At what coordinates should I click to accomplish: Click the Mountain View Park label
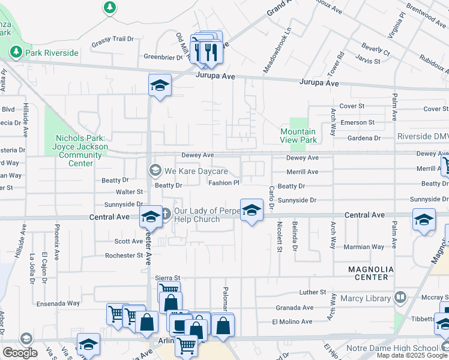tap(298, 136)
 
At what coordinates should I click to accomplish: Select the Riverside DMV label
tap(422, 137)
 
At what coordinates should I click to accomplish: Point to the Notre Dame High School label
tap(391, 348)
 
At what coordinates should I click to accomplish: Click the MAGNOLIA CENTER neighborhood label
tap(371, 273)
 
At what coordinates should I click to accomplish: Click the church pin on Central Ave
tap(151, 217)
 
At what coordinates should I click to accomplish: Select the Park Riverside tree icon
tap(15, 53)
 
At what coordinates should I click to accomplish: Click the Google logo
tap(20, 352)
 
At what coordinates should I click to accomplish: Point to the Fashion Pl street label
tap(224, 183)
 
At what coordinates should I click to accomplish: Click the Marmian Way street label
tap(364, 247)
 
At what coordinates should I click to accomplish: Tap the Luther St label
tap(313, 292)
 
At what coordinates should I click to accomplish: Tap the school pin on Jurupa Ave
tap(160, 85)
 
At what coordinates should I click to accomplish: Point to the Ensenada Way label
tap(57, 304)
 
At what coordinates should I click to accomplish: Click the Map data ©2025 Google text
tap(412, 355)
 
